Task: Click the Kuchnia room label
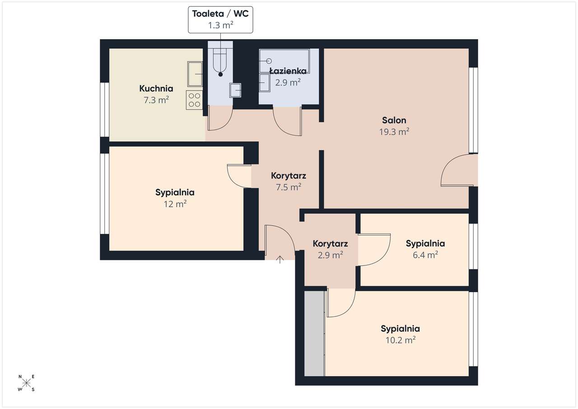pos(156,88)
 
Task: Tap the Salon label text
pos(394,120)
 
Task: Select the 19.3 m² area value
pos(394,132)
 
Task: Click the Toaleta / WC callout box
pos(220,20)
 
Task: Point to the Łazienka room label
pos(288,71)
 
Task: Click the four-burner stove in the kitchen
pos(194,100)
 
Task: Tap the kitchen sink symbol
pos(195,74)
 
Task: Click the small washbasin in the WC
pos(235,90)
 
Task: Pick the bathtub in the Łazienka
pos(284,61)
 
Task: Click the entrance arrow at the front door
pos(280,260)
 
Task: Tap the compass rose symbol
pos(26,383)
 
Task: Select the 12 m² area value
pos(175,204)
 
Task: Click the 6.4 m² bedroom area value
pos(425,255)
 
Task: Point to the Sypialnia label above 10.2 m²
pos(400,329)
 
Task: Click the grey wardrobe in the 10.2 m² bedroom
pos(314,334)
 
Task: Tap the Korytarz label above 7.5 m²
pos(289,176)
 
